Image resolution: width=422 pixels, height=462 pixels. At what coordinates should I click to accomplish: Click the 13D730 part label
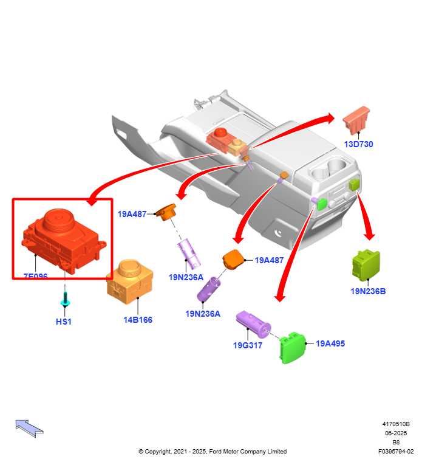click(x=358, y=144)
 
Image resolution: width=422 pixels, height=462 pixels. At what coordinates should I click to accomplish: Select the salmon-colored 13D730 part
click(x=356, y=120)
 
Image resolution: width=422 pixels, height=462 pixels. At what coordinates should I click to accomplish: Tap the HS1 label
click(x=64, y=322)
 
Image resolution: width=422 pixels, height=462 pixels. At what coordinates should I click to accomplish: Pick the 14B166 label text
click(x=138, y=320)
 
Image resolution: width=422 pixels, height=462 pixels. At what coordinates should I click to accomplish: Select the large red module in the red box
click(x=63, y=236)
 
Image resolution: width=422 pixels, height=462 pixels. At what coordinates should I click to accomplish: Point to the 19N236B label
click(x=367, y=291)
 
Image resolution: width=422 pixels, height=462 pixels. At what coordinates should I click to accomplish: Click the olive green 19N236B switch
click(x=366, y=265)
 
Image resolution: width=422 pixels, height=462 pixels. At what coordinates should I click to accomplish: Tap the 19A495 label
click(x=330, y=343)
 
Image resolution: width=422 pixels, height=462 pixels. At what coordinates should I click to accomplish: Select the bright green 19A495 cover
click(x=292, y=348)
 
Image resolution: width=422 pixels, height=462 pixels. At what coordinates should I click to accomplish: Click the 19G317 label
click(x=248, y=345)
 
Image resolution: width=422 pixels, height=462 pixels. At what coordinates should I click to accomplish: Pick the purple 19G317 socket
click(x=254, y=323)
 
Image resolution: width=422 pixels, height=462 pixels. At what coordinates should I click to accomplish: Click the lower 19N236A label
click(x=203, y=314)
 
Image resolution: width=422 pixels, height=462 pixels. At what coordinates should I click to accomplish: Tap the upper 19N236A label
click(x=186, y=277)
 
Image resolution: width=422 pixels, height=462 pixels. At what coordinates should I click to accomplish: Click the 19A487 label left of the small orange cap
click(x=132, y=214)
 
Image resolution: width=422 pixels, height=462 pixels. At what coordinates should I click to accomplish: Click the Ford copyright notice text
click(x=213, y=452)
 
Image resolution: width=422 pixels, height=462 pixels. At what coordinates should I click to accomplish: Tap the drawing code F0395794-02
click(x=395, y=452)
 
